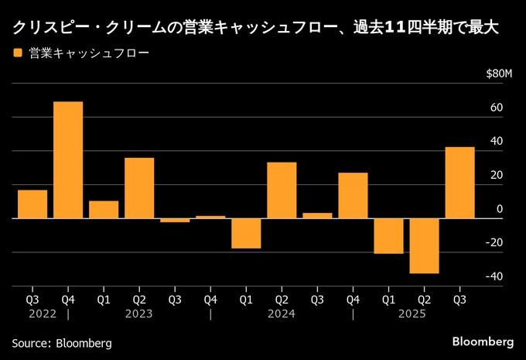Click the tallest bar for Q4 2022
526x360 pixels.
68,159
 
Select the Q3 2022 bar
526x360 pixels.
32,204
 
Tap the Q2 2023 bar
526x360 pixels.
139,187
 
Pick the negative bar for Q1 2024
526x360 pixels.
246,233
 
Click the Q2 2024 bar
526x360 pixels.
282,190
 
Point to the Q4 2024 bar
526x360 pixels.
353,195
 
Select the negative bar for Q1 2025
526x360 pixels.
388,235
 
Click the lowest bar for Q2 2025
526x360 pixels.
424,245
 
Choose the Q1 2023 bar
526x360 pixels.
104,209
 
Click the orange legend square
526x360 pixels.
17,53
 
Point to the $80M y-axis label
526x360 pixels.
499,74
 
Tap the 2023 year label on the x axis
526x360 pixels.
139,314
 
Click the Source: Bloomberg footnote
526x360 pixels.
62,342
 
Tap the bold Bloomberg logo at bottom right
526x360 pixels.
483,341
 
